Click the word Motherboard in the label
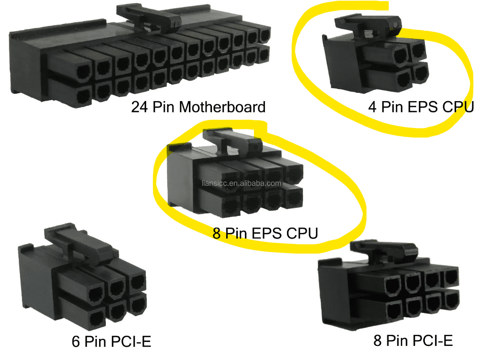[x=222, y=107]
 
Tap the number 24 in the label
[x=139, y=107]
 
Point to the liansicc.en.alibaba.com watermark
[x=241, y=183]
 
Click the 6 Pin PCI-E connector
[x=82, y=277]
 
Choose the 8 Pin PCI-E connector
[x=388, y=285]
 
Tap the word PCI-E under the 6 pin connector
[x=131, y=341]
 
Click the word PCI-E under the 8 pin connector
[x=433, y=340]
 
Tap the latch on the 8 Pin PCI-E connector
[x=384, y=252]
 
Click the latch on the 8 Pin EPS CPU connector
[x=232, y=141]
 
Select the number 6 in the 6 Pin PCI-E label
[x=76, y=342]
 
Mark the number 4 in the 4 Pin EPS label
[x=372, y=107]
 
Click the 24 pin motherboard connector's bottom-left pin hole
[x=84, y=97]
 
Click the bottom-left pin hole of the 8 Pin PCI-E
[x=395, y=312]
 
